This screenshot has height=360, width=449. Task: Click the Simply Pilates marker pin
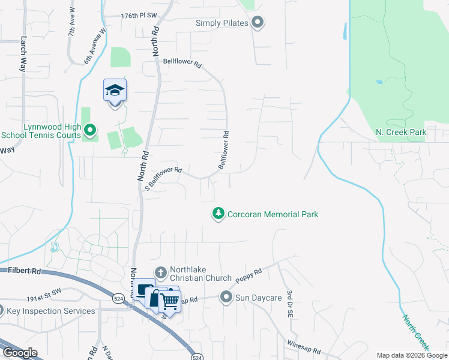[258, 23]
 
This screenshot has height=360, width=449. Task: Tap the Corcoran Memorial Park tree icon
[218, 214]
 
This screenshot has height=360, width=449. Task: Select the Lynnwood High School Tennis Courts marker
[90, 129]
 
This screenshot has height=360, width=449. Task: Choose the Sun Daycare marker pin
[226, 296]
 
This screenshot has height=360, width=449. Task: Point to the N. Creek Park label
[400, 131]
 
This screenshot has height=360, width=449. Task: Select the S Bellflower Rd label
[164, 178]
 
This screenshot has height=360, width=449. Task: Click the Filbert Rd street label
[25, 271]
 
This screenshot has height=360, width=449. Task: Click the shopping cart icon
[170, 304]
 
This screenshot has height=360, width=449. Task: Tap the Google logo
[20, 353]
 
